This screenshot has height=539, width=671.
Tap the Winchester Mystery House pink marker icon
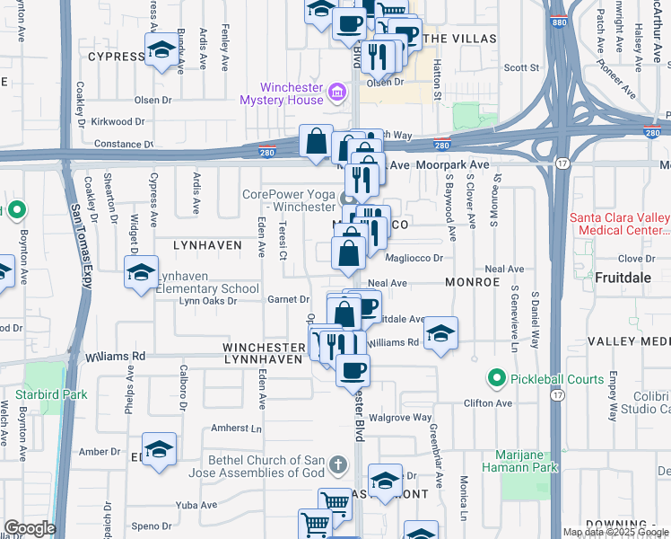[x=337, y=91]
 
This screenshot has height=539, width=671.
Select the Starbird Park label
[x=51, y=394]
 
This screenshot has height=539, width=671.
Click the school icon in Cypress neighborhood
[x=161, y=49]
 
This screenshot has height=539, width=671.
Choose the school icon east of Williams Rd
[x=440, y=334]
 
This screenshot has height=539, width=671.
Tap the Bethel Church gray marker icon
[x=337, y=464]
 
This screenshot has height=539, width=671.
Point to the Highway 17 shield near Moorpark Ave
[x=562, y=163]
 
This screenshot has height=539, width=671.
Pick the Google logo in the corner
[x=30, y=528]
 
